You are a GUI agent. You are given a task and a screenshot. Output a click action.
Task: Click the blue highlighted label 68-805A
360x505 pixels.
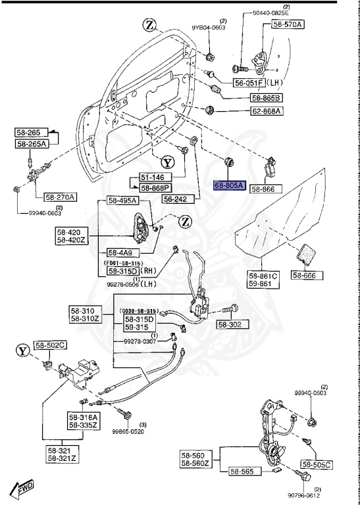coord(229,186)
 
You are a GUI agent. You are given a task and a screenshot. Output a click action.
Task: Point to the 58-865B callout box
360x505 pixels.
coord(265,97)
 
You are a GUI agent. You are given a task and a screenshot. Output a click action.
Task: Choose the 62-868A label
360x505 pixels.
coord(265,111)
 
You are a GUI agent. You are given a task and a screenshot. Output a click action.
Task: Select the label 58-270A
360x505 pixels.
coord(61,197)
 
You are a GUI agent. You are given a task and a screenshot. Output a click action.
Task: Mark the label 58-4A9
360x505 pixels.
coord(120,252)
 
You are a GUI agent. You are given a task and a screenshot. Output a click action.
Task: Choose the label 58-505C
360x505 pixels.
coord(317,464)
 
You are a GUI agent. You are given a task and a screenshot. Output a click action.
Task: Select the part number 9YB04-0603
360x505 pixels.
coord(209,28)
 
